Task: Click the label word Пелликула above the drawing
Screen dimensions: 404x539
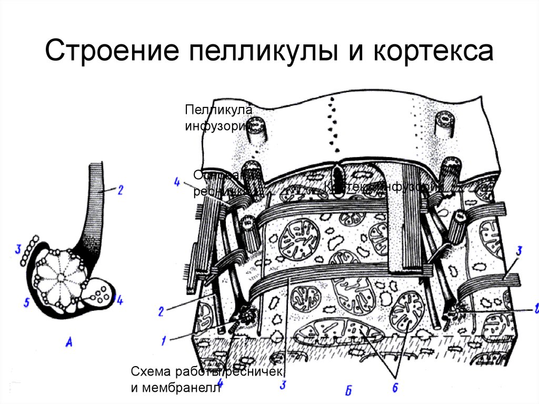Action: click(x=218, y=111)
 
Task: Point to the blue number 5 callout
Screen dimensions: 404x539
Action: click(x=27, y=301)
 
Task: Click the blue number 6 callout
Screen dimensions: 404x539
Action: click(x=395, y=387)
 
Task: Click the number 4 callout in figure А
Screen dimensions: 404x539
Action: click(x=119, y=301)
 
